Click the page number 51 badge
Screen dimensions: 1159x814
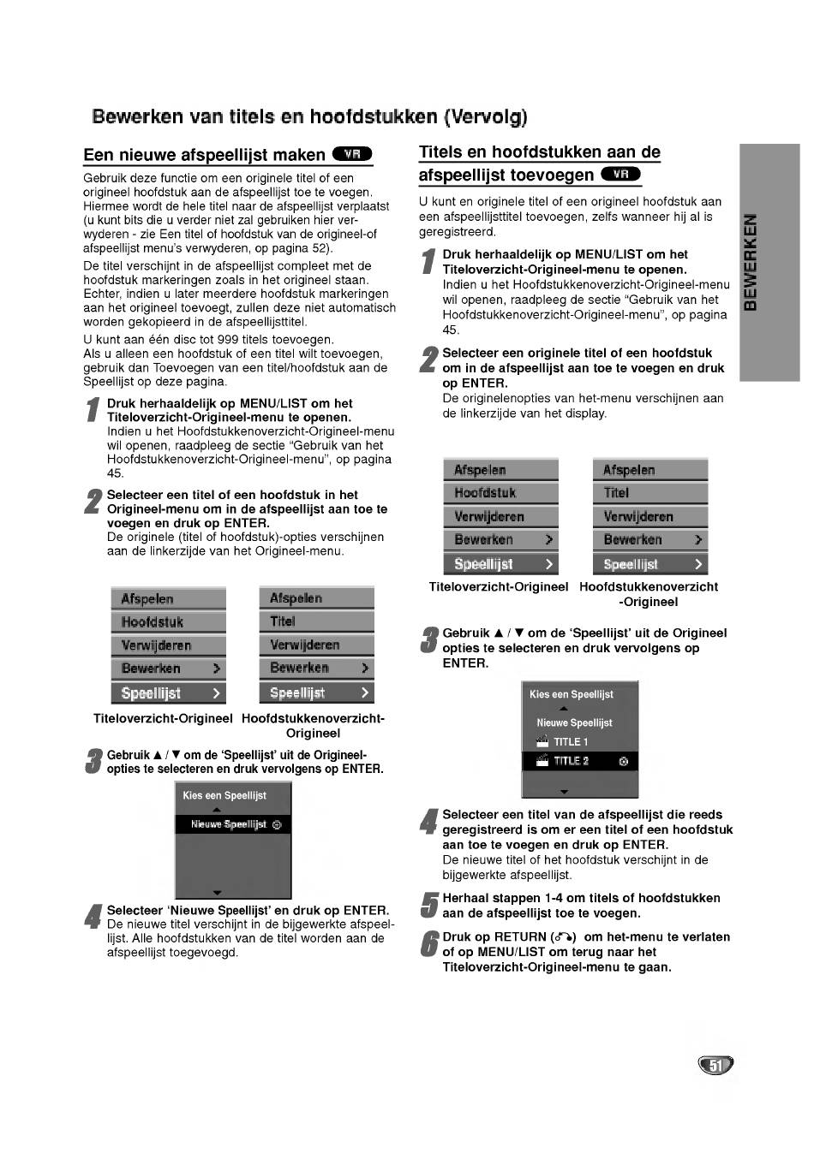716,1065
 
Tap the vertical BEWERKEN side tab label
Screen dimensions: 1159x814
751,261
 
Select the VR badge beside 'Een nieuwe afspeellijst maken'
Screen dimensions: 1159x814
352,154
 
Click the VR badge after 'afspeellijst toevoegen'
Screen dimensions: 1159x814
621,175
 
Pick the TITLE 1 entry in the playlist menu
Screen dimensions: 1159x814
571,742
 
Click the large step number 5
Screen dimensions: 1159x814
429,906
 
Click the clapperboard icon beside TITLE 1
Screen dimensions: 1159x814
542,741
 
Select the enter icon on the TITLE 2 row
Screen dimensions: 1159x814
623,761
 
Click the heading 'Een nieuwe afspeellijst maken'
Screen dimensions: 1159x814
204,155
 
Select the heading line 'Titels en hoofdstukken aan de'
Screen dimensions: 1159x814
539,152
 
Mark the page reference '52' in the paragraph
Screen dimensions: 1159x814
320,248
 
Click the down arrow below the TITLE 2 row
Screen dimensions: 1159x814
563,791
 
